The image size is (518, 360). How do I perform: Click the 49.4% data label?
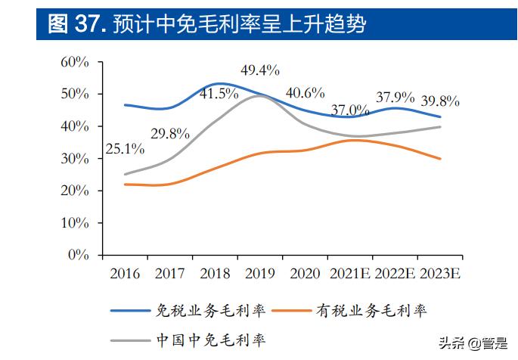(260, 71)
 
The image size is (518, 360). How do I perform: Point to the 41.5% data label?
(219, 94)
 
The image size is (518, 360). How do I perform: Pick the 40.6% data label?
(305, 93)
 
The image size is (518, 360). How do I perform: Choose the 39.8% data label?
(440, 101)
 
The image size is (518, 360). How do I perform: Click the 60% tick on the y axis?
(76, 62)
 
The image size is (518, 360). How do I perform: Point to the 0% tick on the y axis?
(79, 256)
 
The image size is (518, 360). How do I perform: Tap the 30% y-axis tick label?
(76, 159)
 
